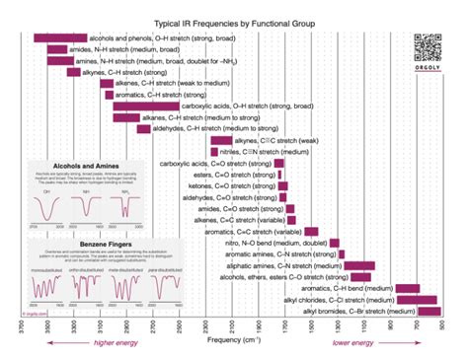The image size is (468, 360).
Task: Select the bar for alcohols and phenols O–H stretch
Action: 60,37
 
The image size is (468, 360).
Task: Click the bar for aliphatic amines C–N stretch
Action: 359,265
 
